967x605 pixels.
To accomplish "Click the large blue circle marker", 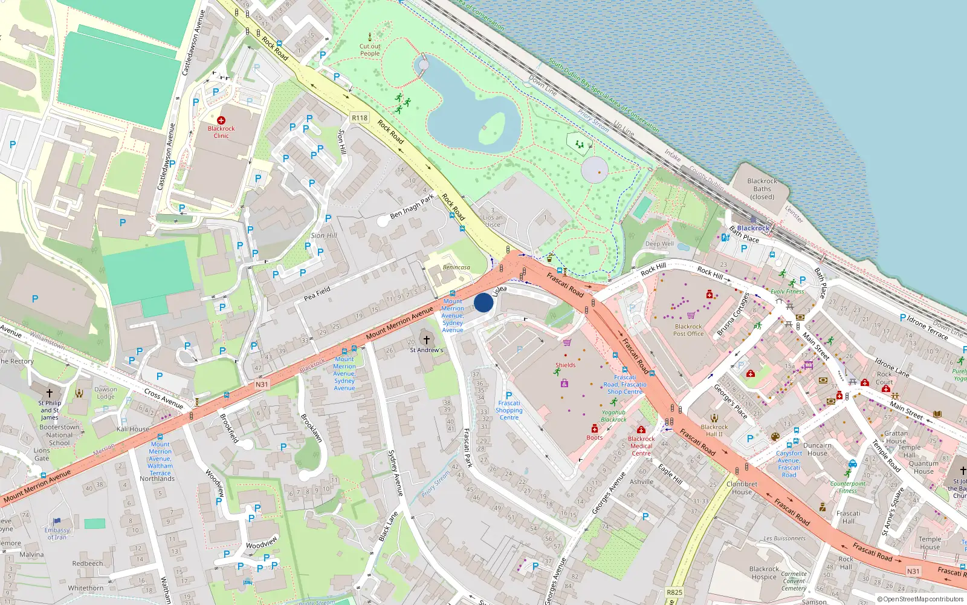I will (483, 302).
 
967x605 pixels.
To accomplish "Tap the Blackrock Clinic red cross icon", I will (221, 120).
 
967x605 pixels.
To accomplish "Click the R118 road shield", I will (360, 118).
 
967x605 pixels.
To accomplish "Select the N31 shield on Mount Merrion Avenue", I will (261, 384).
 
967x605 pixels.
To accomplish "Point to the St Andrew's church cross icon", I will (426, 341).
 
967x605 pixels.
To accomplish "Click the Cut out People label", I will (370, 50).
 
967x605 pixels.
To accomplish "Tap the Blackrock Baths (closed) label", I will (762, 189).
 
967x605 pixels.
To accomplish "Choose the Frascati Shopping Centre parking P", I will (509, 395).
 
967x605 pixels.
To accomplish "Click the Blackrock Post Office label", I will (688, 330).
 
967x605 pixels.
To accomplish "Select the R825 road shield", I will (674, 592).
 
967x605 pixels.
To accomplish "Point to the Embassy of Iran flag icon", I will (57, 521).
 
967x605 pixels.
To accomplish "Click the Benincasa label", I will (456, 267).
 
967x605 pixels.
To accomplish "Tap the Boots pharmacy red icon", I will (595, 429).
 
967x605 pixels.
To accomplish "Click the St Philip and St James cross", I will (50, 393).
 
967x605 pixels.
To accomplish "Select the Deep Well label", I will (659, 244).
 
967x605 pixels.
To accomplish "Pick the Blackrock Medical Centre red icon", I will (641, 430).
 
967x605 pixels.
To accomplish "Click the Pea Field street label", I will (317, 293).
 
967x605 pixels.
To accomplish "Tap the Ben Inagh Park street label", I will (412, 206).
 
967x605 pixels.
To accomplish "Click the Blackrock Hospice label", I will (764, 573).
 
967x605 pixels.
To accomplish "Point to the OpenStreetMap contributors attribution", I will (920, 600).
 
